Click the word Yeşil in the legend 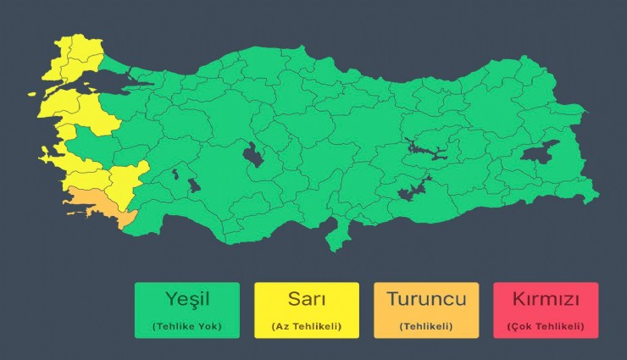tap(187, 299)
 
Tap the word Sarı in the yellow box tap(307, 299)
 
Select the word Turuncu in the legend tap(425, 299)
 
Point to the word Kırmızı tap(545, 299)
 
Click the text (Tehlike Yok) tap(187, 326)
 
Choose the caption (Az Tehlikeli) tap(307, 326)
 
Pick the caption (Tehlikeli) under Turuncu tap(425, 326)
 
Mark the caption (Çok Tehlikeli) tap(545, 326)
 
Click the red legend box tap(545, 310)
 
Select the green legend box tap(187, 310)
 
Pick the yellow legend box tap(307, 310)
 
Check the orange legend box tap(425, 310)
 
